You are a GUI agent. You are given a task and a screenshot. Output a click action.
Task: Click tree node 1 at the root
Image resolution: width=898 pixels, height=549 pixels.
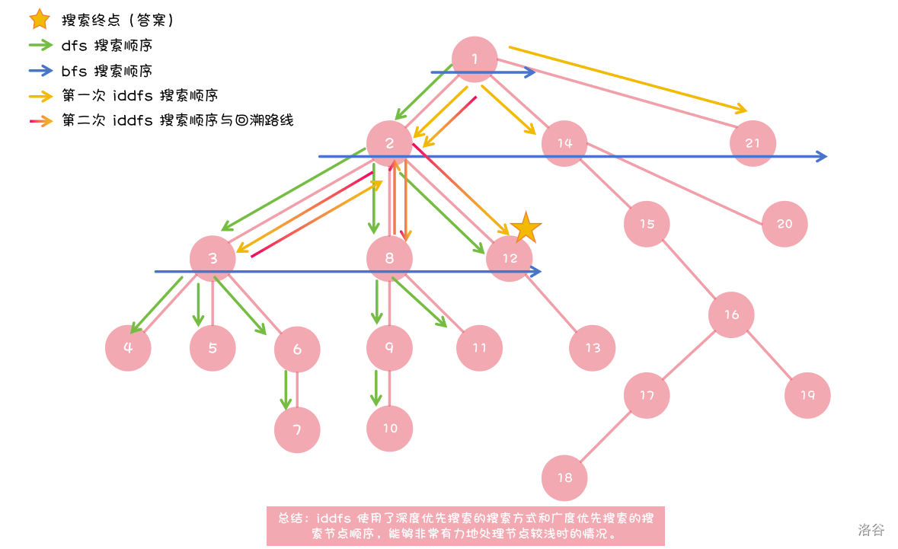point(475,59)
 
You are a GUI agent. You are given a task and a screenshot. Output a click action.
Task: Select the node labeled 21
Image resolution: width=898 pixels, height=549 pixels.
point(753,143)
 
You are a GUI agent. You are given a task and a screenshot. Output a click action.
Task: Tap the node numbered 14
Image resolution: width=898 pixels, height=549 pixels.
point(564,143)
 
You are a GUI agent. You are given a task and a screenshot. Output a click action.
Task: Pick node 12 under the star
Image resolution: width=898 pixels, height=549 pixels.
point(510,258)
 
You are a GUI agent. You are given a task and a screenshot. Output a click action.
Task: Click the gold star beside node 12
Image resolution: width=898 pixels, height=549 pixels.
point(526,228)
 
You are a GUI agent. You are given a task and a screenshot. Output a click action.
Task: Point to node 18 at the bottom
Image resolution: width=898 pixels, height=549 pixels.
point(564,478)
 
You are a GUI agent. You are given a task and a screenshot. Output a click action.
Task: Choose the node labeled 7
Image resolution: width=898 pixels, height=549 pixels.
point(297,429)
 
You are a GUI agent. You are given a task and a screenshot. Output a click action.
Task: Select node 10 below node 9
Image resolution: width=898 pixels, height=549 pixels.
point(389,429)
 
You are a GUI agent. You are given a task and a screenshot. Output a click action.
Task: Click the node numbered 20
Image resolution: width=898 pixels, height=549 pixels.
point(785,223)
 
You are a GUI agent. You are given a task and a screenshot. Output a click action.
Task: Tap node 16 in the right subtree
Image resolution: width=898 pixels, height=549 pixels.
point(731,314)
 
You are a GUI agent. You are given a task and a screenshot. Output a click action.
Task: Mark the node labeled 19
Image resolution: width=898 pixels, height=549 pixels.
point(807,395)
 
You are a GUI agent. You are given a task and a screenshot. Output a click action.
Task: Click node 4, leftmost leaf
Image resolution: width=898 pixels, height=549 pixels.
point(128,348)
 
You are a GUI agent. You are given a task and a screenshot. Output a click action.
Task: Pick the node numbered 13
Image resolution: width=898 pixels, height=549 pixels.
point(592,348)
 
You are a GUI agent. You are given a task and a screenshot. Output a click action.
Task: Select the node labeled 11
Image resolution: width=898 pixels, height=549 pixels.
point(479,348)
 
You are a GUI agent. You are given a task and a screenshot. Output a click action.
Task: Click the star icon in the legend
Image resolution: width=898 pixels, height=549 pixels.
point(39,19)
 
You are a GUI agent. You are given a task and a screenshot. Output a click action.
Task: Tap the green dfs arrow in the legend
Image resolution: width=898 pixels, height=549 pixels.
point(39,45)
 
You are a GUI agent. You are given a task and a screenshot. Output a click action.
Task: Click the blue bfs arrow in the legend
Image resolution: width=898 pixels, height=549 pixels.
point(39,71)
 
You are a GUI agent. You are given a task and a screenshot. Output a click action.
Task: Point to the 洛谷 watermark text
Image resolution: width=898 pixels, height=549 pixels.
point(871,529)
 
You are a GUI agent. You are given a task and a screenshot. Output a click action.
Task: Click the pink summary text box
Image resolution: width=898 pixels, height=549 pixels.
point(465,525)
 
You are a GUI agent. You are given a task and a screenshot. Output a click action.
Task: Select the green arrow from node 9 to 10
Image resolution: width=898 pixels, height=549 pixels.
point(375,388)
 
